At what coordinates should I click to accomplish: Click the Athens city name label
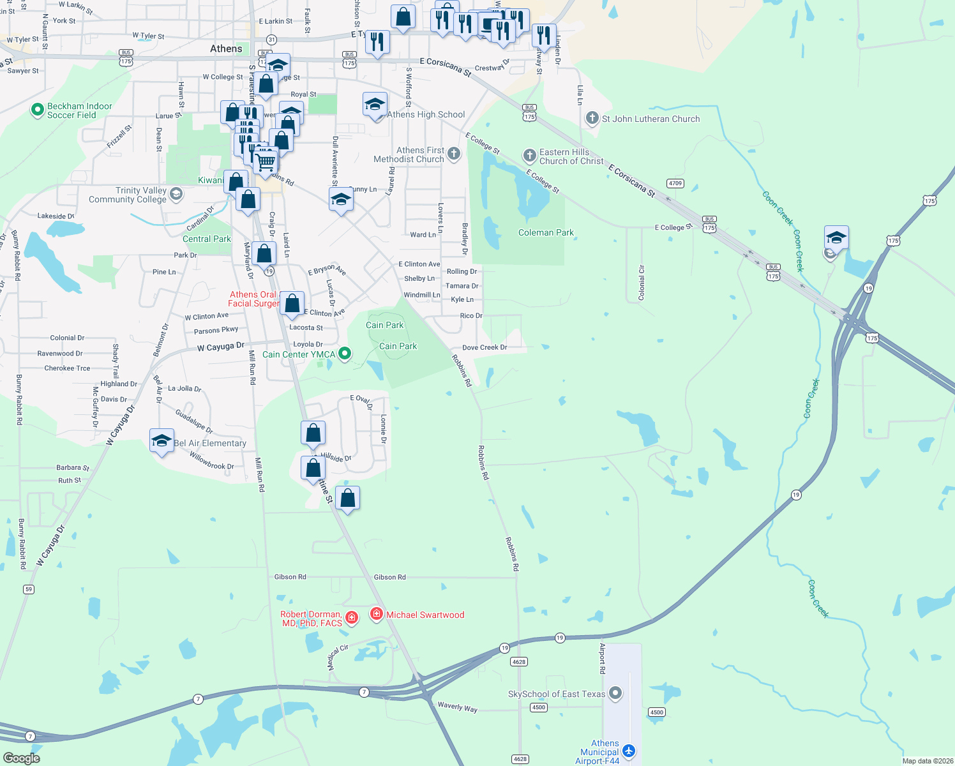(x=226, y=49)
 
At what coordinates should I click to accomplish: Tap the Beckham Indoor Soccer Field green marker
(x=37, y=110)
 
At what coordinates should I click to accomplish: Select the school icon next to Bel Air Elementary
(x=162, y=440)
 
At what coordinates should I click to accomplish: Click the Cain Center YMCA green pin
(x=345, y=353)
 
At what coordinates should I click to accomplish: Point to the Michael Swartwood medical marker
(x=377, y=614)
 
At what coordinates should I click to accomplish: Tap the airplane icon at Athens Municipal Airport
(x=629, y=751)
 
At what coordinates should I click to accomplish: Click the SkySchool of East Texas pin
(x=615, y=693)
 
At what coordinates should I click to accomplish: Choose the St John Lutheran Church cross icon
(x=592, y=118)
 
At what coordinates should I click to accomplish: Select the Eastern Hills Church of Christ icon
(x=529, y=155)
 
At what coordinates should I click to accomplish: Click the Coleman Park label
(x=546, y=233)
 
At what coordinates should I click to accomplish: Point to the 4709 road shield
(x=675, y=183)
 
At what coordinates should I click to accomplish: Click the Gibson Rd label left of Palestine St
(x=290, y=577)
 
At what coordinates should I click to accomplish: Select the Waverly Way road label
(x=457, y=707)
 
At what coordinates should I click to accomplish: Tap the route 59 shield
(x=28, y=589)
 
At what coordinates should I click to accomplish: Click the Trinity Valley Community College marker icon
(x=176, y=194)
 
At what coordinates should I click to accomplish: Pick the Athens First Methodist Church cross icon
(x=453, y=153)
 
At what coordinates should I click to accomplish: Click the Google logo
(x=21, y=758)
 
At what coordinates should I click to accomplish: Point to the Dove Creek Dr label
(x=485, y=348)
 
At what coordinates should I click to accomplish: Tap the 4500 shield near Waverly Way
(x=539, y=707)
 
